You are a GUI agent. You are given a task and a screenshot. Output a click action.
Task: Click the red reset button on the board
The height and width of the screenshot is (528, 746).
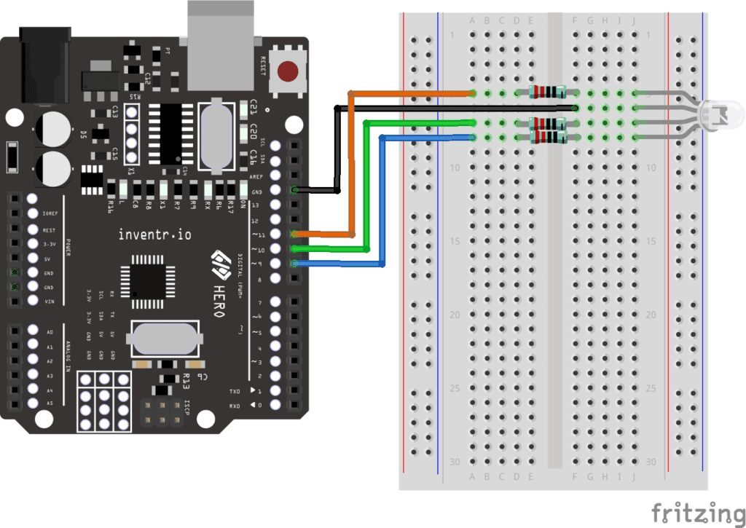coord(288,71)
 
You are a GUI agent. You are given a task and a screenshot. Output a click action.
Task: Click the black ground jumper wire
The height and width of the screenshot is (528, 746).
coord(452,108)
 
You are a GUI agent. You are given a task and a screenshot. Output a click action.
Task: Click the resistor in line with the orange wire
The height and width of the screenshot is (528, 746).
coord(547,92)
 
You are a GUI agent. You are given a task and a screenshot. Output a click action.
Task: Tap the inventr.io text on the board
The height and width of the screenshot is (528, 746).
coord(154,235)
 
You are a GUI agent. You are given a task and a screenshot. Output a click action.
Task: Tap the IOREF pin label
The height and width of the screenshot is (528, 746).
coord(50,214)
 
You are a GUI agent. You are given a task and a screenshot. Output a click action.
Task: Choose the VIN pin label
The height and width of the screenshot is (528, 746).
coord(50,301)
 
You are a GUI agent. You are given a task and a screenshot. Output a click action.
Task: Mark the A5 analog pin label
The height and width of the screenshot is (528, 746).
coord(50,403)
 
